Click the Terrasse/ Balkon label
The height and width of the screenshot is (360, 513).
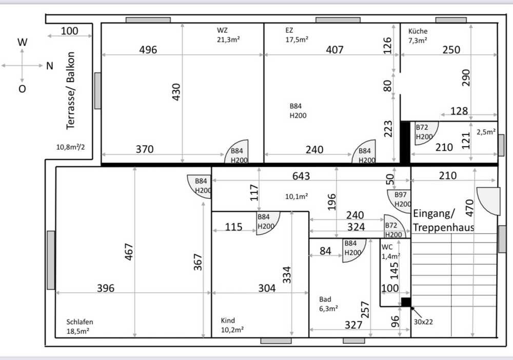(x=71, y=91)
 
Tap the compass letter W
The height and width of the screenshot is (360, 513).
(x=22, y=42)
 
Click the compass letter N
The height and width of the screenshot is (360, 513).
(x=49, y=66)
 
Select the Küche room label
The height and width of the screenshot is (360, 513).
(x=418, y=31)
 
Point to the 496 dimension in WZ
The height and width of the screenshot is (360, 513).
(x=148, y=50)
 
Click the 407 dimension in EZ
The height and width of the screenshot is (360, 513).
(x=334, y=50)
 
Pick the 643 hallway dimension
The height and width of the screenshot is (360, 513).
(x=301, y=176)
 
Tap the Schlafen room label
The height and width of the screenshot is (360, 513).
(x=80, y=322)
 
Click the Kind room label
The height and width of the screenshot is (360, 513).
(x=228, y=321)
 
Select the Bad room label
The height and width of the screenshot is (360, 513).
(x=325, y=299)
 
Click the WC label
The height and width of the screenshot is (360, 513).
(x=387, y=247)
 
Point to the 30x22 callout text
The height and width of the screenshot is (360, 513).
(x=423, y=322)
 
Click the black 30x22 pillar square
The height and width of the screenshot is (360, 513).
(x=406, y=302)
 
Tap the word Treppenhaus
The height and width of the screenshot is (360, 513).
(x=444, y=227)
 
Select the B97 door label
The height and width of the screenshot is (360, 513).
(x=401, y=195)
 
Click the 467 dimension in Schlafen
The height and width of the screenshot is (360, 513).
(x=129, y=251)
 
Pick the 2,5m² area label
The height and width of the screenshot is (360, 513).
(x=486, y=132)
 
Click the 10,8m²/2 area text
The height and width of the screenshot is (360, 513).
(x=70, y=147)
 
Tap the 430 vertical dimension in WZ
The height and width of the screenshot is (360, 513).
(x=176, y=92)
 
